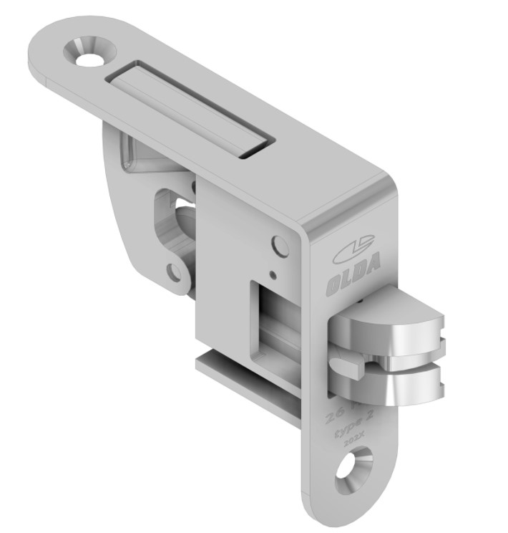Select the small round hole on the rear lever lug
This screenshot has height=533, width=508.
pyautogui.click(x=173, y=271)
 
